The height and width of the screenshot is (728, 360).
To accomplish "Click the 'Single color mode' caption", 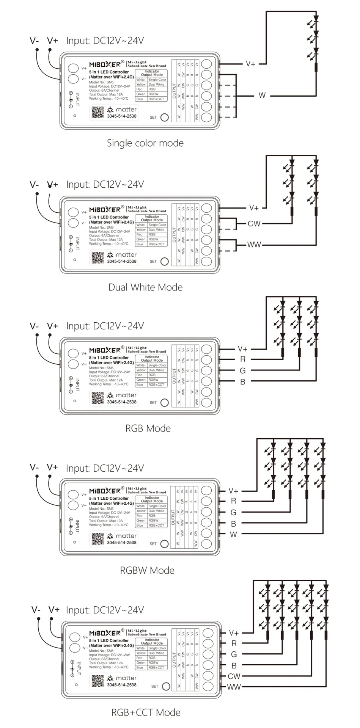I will click(145, 143).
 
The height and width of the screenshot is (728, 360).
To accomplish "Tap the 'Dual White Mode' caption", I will click(145, 287).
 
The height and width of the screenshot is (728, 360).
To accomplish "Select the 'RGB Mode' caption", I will click(148, 428).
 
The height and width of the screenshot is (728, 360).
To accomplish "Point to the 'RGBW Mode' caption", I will click(147, 571).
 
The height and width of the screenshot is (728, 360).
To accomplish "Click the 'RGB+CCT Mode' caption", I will click(146, 712).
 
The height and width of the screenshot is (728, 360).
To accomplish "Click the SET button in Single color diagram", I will click(165, 117).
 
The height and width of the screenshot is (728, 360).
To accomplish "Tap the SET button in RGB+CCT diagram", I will click(166, 686).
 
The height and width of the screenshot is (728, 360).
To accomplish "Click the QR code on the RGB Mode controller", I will click(97, 398).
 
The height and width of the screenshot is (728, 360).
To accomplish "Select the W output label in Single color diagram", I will click(262, 95).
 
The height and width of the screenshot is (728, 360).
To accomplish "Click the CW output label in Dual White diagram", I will click(254, 224).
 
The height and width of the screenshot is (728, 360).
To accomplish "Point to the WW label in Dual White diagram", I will click(254, 245).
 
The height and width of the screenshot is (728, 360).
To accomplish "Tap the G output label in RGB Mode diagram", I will click(243, 370).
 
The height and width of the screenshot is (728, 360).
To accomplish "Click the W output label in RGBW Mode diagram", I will click(233, 534).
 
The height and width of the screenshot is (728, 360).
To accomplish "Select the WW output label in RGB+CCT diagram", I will click(234, 687).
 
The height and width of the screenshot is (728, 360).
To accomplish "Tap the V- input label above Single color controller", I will click(34, 41).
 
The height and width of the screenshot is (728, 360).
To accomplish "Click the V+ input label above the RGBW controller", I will click(52, 467).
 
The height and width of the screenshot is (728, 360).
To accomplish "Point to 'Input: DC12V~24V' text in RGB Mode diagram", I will click(105, 326).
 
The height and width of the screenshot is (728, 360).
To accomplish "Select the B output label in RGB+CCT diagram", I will click(234, 665).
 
